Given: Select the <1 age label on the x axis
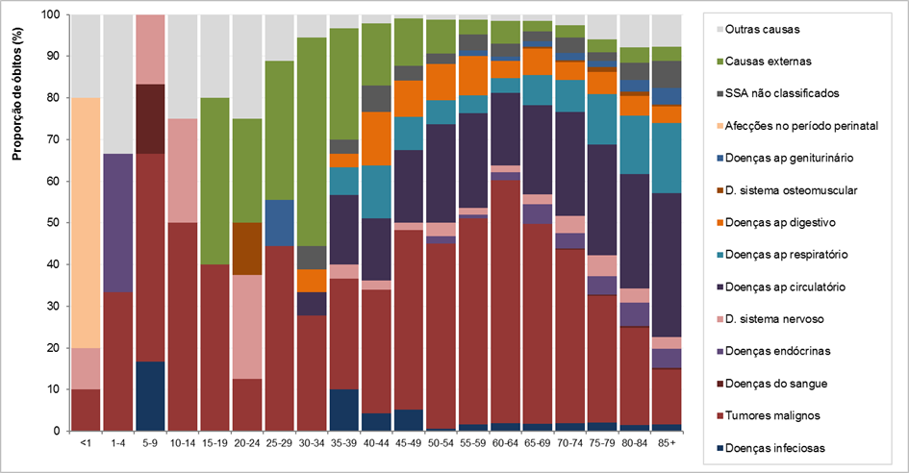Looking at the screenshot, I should tap(87, 445).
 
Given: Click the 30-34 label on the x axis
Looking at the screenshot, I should tap(313, 445).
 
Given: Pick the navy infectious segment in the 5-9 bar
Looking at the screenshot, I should tap(151, 396).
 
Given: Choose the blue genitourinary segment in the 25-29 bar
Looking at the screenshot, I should tap(280, 222).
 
